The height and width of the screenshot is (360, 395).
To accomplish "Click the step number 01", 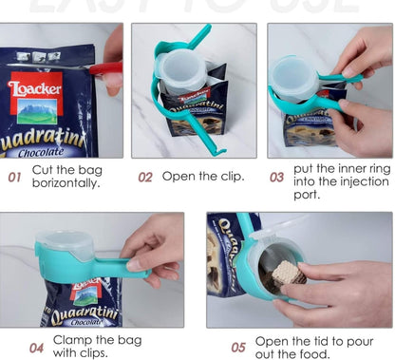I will coord(15,177).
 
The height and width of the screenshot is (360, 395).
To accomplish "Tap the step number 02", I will coord(145,177).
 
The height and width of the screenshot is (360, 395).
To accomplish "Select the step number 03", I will coord(277,177).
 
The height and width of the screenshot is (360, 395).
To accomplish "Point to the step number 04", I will coord(37,347).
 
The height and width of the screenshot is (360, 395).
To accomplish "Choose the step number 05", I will coord(238,347).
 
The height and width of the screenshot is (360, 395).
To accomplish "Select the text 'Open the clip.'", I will coord(202,176).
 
